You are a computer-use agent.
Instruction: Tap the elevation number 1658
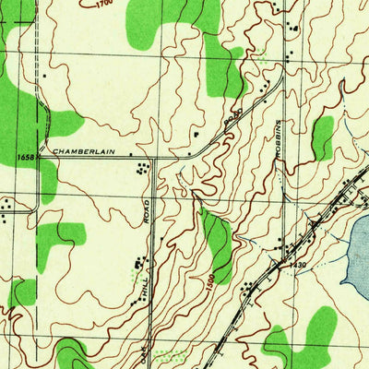click(25, 158)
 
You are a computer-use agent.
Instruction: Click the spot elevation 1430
click(296, 266)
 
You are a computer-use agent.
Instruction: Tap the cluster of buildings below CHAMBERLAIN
click(141, 169)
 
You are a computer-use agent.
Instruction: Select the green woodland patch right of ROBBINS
click(322, 137)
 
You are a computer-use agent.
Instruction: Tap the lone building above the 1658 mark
click(43, 75)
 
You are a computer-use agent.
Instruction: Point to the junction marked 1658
click(39, 157)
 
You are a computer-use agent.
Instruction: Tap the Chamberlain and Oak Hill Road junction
click(152, 157)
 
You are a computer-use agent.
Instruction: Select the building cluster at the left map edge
click(6, 206)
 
